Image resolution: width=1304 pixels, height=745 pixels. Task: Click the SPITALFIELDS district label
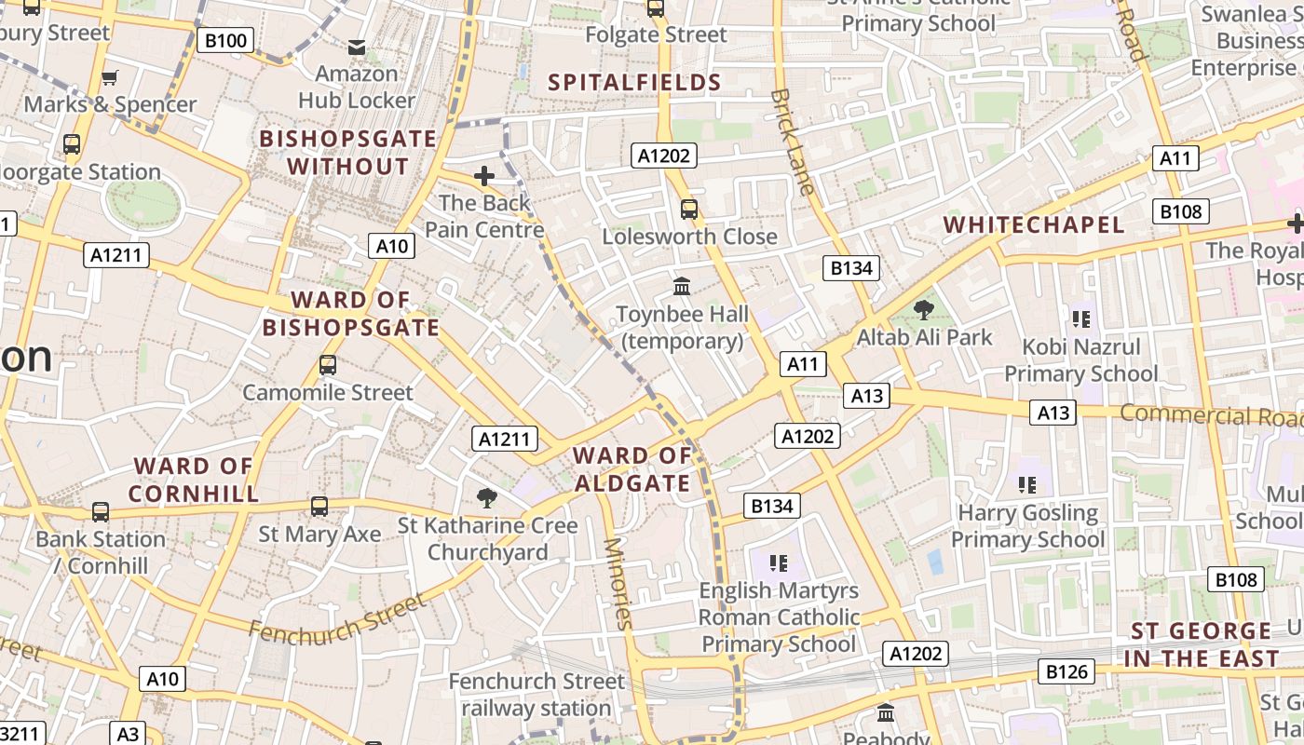[x=634, y=82]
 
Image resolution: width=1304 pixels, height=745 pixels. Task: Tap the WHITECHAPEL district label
[x=1034, y=224]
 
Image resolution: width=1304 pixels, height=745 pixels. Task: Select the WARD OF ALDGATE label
[x=632, y=469]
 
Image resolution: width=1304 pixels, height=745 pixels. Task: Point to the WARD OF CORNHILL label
[x=193, y=480]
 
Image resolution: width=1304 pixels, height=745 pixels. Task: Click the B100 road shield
[x=225, y=40]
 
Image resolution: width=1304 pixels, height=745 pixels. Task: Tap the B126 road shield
[x=1067, y=671]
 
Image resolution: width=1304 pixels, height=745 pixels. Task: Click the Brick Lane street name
[x=794, y=142]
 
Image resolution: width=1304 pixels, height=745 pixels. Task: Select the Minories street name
[x=618, y=584]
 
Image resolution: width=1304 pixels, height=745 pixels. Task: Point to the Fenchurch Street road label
[x=336, y=618]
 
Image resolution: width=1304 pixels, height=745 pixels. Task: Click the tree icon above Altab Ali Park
[x=924, y=310]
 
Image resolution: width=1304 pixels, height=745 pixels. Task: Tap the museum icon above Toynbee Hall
[x=682, y=287]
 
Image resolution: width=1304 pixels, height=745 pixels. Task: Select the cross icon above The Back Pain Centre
[x=483, y=175]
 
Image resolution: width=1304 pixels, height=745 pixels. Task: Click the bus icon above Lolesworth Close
[x=689, y=210]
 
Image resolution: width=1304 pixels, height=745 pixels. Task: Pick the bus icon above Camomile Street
[x=328, y=365]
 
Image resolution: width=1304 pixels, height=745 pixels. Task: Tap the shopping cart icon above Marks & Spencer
[x=110, y=77]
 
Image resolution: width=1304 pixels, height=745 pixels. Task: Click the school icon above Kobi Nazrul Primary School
[x=1080, y=319]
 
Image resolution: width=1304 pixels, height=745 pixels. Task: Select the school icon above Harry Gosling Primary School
[x=1027, y=484]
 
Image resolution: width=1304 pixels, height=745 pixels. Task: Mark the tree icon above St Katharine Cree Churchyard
[x=486, y=498]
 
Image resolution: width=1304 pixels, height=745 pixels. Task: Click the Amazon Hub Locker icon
[x=357, y=47]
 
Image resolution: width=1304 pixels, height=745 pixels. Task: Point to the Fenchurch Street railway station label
[x=537, y=695]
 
